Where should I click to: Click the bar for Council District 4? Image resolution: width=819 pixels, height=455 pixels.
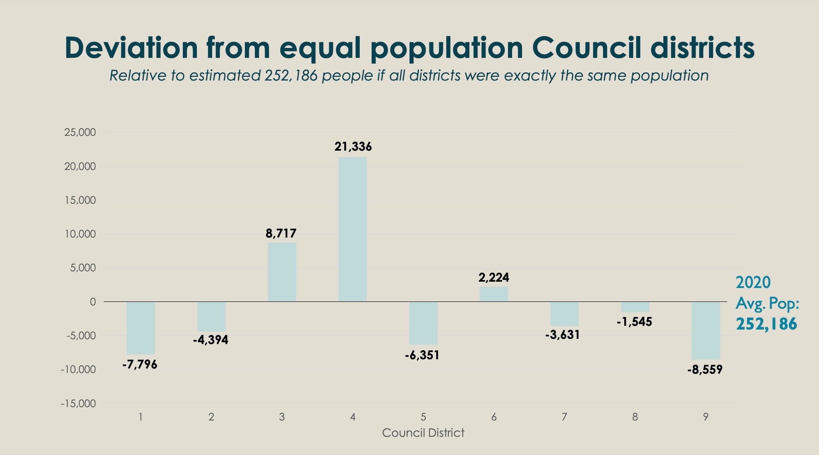352,229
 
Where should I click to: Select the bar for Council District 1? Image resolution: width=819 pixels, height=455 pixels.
140,328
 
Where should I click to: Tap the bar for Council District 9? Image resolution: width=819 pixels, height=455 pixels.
705,330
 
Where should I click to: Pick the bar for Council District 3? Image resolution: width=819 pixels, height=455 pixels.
282,272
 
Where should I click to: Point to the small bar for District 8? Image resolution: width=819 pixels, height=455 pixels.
635,307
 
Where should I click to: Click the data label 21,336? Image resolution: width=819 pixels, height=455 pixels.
353,147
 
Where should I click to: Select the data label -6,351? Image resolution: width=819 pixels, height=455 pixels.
422,355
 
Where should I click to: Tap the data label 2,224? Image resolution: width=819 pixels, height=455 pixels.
493,277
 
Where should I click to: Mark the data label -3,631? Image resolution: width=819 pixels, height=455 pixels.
563,335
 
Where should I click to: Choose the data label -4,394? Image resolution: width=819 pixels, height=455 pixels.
211,340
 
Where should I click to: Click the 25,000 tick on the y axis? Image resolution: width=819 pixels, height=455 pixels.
80,132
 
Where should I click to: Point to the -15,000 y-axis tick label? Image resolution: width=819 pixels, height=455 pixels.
78,403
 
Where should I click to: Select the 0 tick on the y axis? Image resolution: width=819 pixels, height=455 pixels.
93,302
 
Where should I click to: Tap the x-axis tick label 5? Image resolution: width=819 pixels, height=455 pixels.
423,417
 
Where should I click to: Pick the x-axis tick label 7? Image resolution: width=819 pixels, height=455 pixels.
564,417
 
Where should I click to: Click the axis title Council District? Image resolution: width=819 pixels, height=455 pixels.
423,433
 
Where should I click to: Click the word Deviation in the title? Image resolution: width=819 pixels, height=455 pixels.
131,48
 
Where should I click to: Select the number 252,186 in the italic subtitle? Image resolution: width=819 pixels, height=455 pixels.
291,76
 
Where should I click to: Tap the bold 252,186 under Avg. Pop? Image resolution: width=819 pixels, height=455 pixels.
766,324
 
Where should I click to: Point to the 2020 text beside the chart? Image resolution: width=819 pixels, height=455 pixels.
753,282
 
